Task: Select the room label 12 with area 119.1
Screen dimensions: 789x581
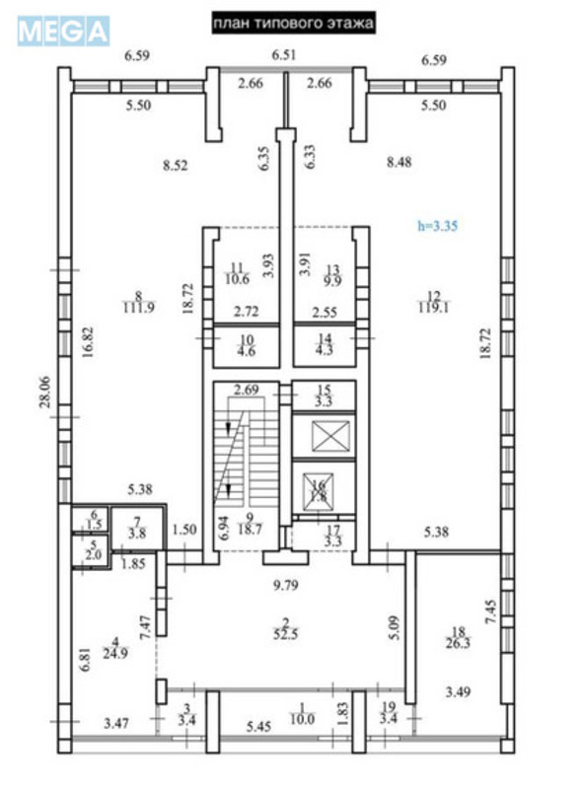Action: [x=435, y=300]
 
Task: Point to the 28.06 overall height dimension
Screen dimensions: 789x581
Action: [x=42, y=395]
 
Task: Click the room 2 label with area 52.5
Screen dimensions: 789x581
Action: [x=285, y=627]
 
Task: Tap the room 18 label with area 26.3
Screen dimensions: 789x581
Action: [x=459, y=640]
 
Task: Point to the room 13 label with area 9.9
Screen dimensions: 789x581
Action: [x=332, y=273]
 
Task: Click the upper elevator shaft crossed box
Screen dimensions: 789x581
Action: [x=322, y=436]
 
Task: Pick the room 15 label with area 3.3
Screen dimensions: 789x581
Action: [x=322, y=395]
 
